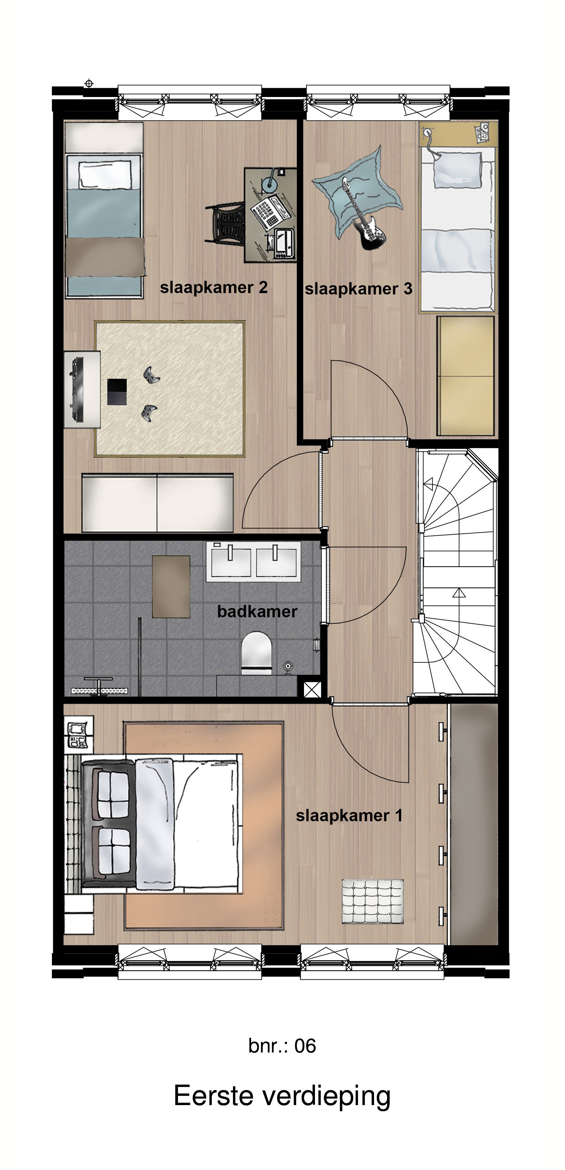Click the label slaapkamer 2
click(x=213, y=288)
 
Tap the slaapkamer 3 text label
click(x=358, y=289)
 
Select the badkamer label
click(x=257, y=611)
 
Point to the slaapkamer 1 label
click(x=349, y=815)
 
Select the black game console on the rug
click(x=117, y=391)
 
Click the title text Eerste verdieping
click(x=282, y=1096)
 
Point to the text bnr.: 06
click(x=282, y=1046)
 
